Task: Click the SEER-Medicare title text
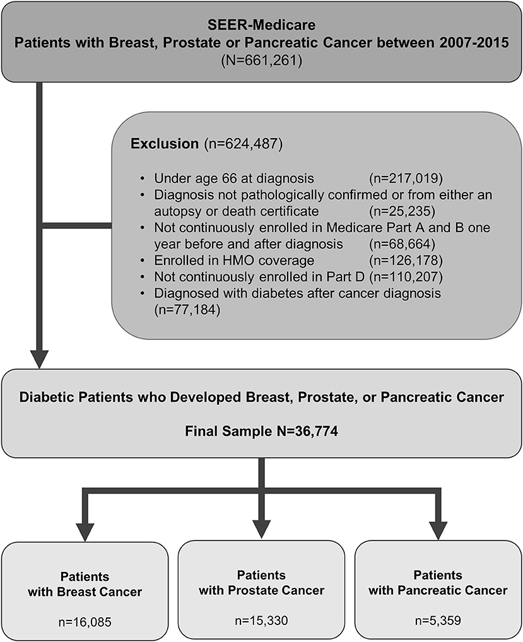261,25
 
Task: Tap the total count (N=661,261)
261,61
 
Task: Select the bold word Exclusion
165,144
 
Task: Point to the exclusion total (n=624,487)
244,144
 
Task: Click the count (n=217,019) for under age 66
406,178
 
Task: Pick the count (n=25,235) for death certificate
402,211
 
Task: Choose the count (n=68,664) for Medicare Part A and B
402,244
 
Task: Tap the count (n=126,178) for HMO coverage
406,260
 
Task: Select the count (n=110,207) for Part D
406,277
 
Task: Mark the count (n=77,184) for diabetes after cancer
187,310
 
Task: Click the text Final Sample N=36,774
261,431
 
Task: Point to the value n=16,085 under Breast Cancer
85,622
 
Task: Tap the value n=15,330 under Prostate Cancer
261,621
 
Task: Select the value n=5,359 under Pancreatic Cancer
438,621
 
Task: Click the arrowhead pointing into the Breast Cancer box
85,532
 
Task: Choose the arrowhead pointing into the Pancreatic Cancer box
438,530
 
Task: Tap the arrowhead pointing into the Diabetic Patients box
39,359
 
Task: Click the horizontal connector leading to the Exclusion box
77,226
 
